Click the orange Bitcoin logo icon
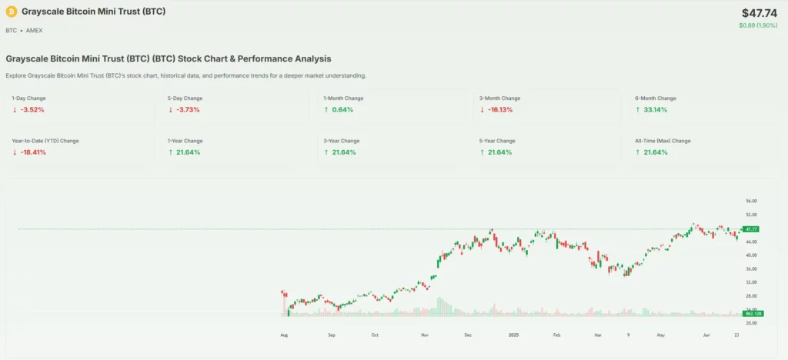coord(11,12)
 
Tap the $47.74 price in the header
coord(760,13)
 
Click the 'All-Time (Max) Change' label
coord(663,141)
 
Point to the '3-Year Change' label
coord(341,141)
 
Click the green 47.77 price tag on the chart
coord(751,229)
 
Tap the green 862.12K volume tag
coord(752,313)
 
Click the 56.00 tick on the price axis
coord(752,202)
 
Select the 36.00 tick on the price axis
coord(752,269)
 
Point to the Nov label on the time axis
coord(424,335)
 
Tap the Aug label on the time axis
coord(284,335)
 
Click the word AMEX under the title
coord(35,30)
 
